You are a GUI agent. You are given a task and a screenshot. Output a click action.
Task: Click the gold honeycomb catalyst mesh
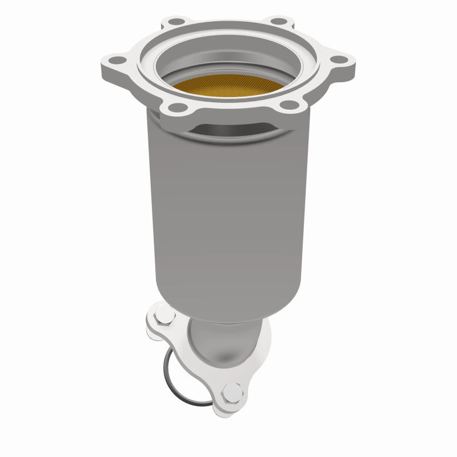click(x=228, y=86)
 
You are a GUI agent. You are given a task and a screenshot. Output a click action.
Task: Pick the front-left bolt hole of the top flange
click(x=173, y=107)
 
